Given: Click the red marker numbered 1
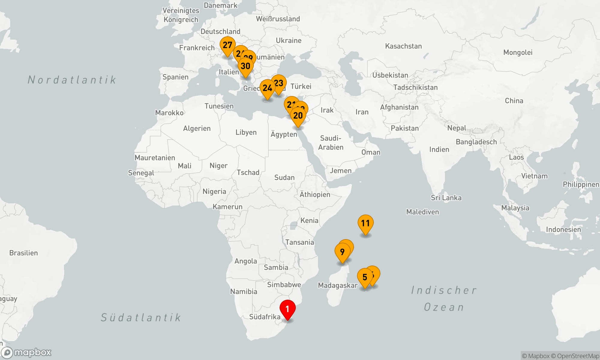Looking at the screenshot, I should pyautogui.click(x=287, y=309).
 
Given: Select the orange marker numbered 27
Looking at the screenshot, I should pyautogui.click(x=227, y=45).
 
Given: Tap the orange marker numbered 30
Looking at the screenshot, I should pyautogui.click(x=245, y=66).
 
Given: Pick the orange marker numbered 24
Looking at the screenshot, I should pyautogui.click(x=267, y=88).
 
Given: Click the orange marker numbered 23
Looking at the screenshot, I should pyautogui.click(x=279, y=83).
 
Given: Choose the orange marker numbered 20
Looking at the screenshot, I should pyautogui.click(x=298, y=115).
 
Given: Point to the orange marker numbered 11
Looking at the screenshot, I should pyautogui.click(x=365, y=223).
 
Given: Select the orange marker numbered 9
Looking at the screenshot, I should pyautogui.click(x=342, y=252).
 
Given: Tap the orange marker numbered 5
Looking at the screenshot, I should pyautogui.click(x=365, y=277).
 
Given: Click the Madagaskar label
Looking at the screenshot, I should pyautogui.click(x=337, y=285).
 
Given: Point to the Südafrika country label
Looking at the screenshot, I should pyautogui.click(x=265, y=317).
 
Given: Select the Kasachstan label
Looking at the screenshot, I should pyautogui.click(x=403, y=46).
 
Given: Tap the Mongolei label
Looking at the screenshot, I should pyautogui.click(x=518, y=52).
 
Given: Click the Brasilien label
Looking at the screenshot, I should pyautogui.click(x=23, y=253).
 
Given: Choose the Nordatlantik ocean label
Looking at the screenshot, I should pyautogui.click(x=72, y=80).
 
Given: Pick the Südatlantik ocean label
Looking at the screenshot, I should pyautogui.click(x=141, y=317).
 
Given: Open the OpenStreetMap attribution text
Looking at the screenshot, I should pyautogui.click(x=578, y=356).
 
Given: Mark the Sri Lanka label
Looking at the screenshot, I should pyautogui.click(x=446, y=198).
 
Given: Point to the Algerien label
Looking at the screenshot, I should pyautogui.click(x=197, y=128).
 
